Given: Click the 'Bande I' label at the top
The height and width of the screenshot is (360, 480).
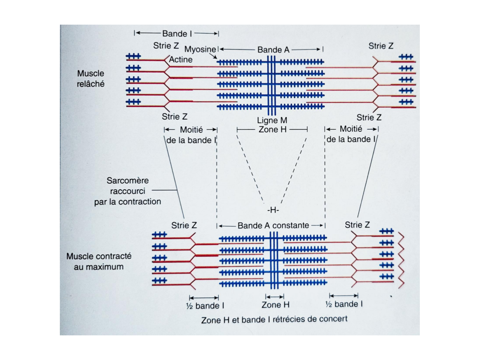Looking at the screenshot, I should point(174,34).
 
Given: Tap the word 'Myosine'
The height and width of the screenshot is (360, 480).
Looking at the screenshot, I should point(200,49).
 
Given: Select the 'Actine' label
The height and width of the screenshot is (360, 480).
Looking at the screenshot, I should point(181,60).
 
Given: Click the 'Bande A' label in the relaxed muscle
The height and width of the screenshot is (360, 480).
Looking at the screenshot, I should point(273,50).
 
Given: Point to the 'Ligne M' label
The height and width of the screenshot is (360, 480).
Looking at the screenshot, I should point(272,120).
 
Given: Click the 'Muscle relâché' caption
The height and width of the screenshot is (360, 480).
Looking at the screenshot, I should point(91,78).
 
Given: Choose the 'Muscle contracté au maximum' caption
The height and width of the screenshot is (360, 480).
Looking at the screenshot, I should point(99,261).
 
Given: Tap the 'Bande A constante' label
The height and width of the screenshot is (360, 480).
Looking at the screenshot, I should point(273,226).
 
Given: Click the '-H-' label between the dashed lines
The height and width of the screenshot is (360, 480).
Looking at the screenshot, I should point(273,210).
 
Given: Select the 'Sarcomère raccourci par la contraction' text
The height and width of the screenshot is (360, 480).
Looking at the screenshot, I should point(127,191).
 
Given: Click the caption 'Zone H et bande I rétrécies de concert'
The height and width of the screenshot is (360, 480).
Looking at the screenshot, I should point(274,319).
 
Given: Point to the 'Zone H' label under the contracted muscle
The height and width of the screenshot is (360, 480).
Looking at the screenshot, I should point(275,305).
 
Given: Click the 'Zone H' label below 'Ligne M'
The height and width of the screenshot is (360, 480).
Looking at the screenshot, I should point(272,130).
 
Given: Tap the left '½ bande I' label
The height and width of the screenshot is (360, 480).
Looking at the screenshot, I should point(205,306).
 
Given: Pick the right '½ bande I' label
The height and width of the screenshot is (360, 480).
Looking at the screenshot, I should point(344,304).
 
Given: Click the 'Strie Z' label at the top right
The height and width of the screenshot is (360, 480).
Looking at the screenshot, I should point(380,46).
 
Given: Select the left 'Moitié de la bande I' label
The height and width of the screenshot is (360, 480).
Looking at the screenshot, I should point(191,135).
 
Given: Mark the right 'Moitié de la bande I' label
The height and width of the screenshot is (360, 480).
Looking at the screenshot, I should point(351,134).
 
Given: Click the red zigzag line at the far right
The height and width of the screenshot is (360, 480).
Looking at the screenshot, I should point(401,259).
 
